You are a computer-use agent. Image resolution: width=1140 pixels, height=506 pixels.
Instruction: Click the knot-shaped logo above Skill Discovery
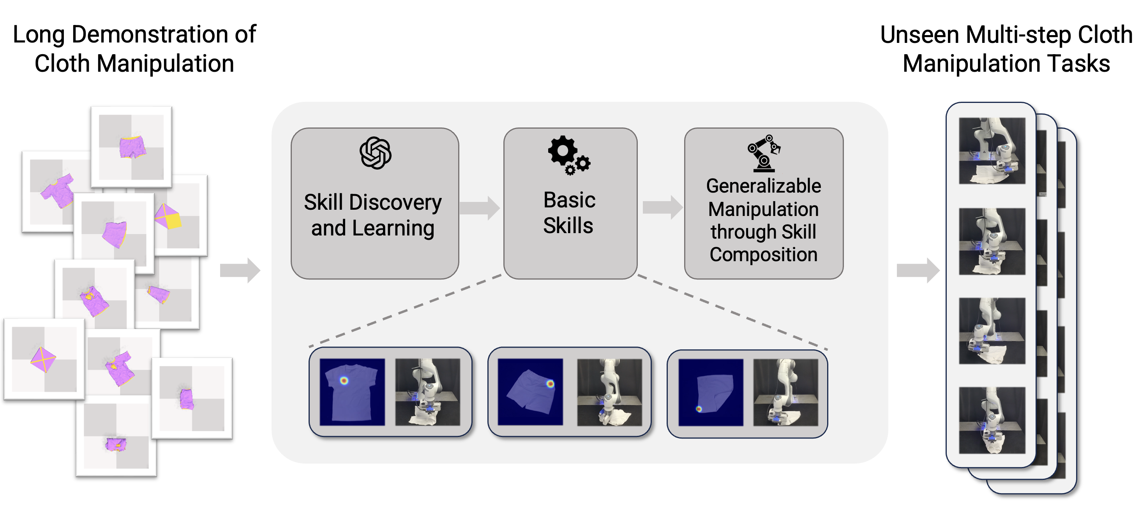click(x=375, y=153)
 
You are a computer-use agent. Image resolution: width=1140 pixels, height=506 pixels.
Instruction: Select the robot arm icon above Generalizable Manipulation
click(x=763, y=153)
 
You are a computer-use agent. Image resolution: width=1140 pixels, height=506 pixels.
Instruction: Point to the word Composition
click(x=763, y=255)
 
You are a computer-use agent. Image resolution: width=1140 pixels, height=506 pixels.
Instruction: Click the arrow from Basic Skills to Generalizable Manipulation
click(x=662, y=207)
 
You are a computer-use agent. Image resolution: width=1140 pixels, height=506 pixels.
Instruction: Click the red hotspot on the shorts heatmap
click(x=550, y=384)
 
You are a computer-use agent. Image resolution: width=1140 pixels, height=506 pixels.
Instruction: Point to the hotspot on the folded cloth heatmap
click(x=699, y=409)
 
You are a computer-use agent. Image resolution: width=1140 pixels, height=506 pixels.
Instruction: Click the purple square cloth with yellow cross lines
click(x=43, y=359)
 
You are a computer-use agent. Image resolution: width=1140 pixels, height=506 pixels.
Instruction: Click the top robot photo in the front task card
click(x=991, y=151)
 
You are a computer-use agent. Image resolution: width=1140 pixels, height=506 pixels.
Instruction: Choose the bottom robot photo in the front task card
click(x=991, y=420)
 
